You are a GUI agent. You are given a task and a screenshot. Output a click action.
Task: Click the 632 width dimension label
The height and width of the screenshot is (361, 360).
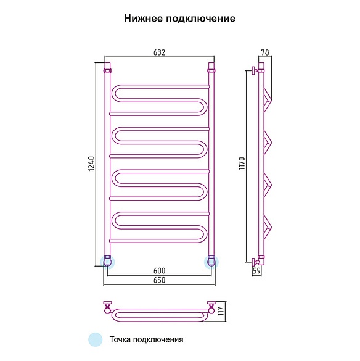159,52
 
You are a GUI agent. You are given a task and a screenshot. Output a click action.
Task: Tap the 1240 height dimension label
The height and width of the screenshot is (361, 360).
91,164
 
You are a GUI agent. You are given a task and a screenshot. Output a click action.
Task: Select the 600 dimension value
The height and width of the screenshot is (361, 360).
160,271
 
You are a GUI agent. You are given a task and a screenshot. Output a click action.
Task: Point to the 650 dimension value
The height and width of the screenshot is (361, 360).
160,280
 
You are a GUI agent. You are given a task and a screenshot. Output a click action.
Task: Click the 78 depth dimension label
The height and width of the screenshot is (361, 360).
265,52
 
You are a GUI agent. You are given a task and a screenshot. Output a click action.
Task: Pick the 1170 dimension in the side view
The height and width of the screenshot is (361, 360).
242,164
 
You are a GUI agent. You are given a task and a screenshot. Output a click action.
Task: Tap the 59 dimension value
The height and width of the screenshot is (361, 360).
256,270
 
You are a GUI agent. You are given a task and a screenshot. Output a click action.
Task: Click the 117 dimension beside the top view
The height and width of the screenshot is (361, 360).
221,311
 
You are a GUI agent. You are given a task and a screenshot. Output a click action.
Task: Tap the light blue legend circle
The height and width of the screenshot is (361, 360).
95,339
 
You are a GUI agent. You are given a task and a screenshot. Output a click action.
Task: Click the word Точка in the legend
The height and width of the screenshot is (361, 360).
120,339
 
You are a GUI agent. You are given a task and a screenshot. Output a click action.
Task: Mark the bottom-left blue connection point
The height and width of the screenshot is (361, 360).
107,262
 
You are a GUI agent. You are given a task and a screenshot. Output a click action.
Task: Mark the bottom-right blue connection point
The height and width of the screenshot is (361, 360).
211,262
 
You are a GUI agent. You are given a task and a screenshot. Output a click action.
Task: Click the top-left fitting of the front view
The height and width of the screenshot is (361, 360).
107,70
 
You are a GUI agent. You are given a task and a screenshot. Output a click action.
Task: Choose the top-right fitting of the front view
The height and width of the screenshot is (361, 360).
211,70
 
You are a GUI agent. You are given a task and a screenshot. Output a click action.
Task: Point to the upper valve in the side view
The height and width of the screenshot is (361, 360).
255,70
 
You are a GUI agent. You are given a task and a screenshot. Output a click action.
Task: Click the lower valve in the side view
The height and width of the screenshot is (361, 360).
255,262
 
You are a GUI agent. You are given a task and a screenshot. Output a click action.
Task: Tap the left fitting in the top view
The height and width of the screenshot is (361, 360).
108,307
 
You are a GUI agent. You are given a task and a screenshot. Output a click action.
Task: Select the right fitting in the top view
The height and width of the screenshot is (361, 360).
211,307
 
